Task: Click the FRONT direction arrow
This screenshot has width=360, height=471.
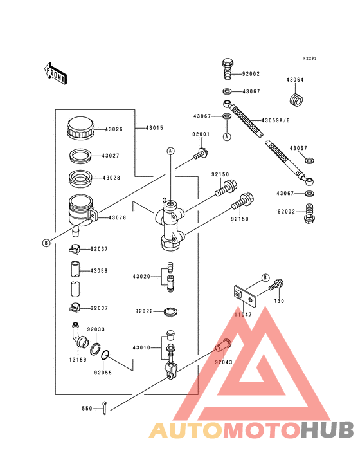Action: [55, 73]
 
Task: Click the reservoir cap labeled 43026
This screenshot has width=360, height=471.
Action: [80, 128]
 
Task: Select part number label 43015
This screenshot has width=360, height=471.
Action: [154, 128]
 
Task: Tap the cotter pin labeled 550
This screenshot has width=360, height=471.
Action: [104, 408]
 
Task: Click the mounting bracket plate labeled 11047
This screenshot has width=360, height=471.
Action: [245, 295]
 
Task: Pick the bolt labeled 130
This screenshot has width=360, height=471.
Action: [276, 285]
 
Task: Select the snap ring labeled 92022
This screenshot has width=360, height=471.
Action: [171, 311]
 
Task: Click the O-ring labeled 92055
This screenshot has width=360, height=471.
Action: [105, 355]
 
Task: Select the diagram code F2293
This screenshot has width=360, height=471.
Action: [310, 59]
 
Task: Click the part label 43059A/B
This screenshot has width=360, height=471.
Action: [276, 120]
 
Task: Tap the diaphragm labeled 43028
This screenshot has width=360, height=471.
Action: [80, 178]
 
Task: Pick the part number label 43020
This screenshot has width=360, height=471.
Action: [141, 276]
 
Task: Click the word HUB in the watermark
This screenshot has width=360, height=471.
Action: [327, 430]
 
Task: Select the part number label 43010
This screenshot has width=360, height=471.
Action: [141, 347]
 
